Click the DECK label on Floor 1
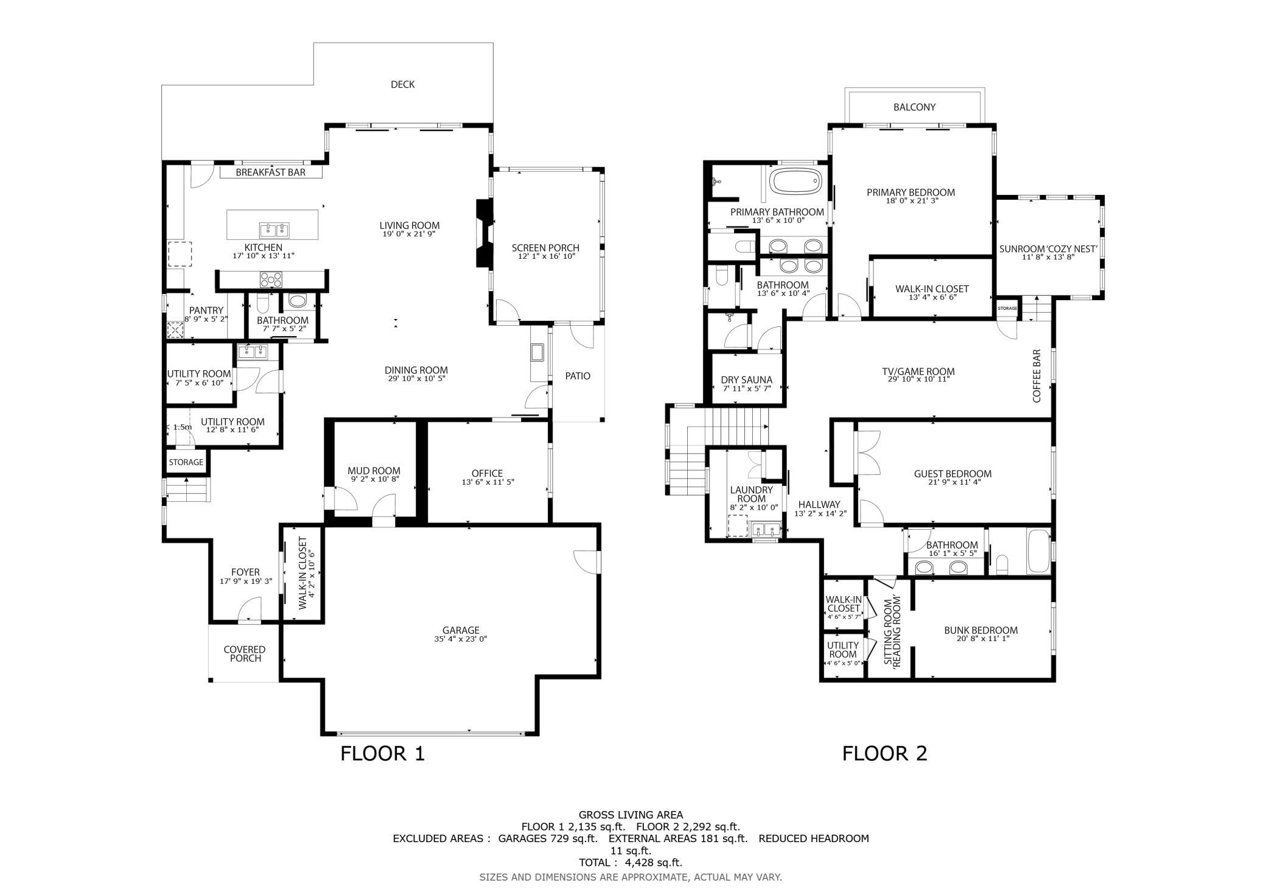tap(402, 85)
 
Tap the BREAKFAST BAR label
tap(271, 172)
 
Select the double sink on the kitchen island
tap(275, 230)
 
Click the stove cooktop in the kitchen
tap(271, 279)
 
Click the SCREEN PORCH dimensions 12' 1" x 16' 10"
tap(545, 256)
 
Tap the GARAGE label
tap(461, 630)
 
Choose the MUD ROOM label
tap(374, 471)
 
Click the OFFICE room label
tap(487, 473)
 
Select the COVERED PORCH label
tap(245, 654)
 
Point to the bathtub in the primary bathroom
tap(796, 181)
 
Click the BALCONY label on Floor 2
tap(914, 107)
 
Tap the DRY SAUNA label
tap(747, 380)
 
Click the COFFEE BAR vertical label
tap(1037, 376)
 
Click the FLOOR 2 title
tap(884, 753)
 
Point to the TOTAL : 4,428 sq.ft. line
tap(631, 862)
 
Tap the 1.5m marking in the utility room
tap(182, 427)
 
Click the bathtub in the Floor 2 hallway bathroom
tap(1038, 552)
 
